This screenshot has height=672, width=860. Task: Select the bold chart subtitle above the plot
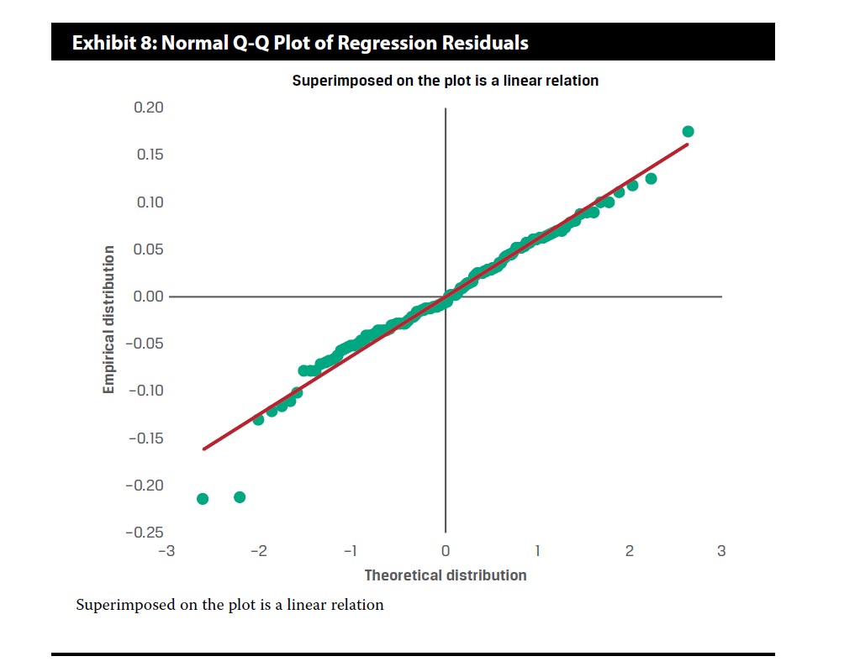point(445,81)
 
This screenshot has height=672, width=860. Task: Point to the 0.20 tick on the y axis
point(148,108)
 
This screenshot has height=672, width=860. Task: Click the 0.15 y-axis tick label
point(148,155)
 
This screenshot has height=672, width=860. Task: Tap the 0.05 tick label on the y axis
point(148,249)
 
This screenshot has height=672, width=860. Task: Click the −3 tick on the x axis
point(171,551)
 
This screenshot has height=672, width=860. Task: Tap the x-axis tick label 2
point(629,551)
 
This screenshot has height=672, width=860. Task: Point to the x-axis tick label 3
point(721,551)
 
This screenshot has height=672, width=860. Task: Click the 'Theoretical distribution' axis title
point(445,575)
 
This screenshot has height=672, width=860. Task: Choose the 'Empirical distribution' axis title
point(108,319)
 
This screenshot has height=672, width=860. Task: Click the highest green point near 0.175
point(688,131)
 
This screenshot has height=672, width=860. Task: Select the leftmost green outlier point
point(203,499)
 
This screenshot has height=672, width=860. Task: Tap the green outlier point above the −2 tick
point(240,497)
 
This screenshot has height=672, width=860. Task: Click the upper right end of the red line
point(687,144)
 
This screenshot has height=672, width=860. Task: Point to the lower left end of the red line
point(204,449)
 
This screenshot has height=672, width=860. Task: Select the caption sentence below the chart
point(230,605)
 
